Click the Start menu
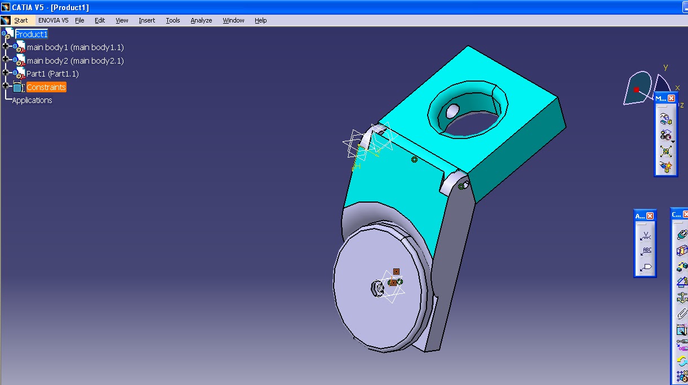21,20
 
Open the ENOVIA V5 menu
54,20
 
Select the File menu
79,20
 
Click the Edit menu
100,20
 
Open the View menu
122,20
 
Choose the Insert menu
147,20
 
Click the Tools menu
173,20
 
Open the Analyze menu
201,20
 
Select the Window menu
233,20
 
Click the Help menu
260,20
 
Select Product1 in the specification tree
32,34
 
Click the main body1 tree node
75,47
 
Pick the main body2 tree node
75,61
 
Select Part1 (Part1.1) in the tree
52,74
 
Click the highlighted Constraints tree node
46,87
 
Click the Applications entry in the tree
32,100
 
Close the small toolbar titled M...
671,99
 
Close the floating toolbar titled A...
650,216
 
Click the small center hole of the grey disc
378,289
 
